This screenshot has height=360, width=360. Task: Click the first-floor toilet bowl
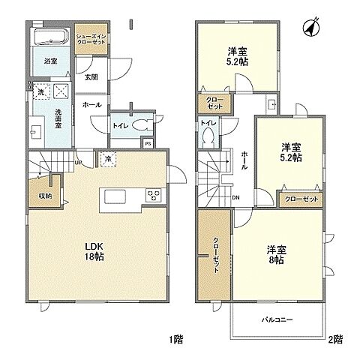[142, 127]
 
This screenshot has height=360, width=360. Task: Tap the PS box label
[148, 144]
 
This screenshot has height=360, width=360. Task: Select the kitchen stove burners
[152, 196]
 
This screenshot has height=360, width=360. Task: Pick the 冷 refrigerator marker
[109, 159]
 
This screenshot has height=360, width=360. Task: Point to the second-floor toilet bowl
[208, 138]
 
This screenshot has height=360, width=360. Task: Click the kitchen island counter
[117, 196]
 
